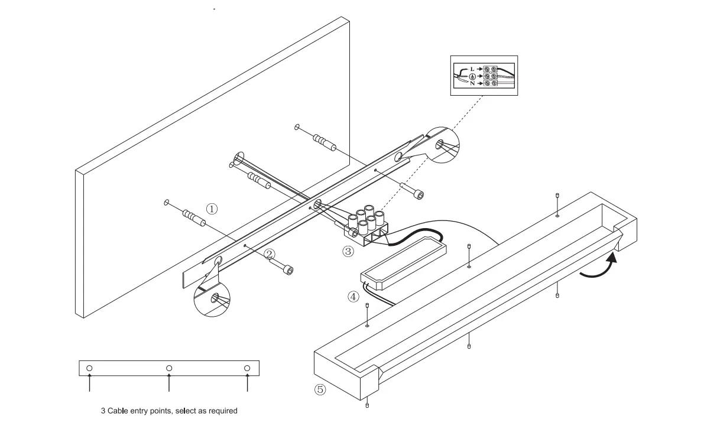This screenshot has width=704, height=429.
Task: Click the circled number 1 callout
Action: point(212,209)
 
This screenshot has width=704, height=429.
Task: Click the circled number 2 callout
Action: point(270,255)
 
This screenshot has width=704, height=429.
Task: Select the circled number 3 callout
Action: point(348,251)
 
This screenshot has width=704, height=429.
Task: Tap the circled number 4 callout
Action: point(353,297)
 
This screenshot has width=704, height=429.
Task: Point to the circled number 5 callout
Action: point(320,389)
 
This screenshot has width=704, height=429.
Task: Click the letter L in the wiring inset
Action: point(472,69)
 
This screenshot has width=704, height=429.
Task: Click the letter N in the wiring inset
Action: point(472,84)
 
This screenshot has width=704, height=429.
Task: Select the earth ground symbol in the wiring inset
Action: point(472,77)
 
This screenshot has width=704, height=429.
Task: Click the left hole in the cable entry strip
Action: point(89,368)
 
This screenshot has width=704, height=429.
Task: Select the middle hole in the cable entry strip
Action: point(169,368)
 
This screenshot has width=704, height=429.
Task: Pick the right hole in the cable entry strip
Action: point(247,368)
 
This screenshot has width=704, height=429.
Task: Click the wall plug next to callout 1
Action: point(193,218)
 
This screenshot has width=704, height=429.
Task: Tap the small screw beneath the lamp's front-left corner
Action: point(368,405)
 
